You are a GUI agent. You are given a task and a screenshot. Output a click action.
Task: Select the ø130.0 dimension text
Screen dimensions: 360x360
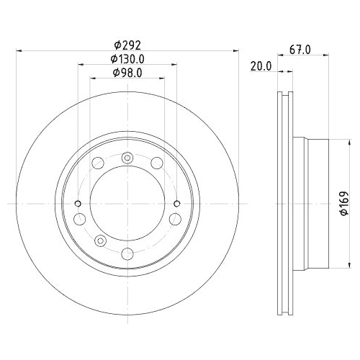pos(127,59)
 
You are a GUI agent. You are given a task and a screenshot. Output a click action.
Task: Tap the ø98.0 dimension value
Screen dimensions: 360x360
pos(127,73)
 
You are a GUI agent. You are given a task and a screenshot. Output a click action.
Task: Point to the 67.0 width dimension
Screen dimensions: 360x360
pos(300,50)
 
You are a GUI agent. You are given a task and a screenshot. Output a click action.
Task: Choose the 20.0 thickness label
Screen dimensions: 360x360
pos(260,66)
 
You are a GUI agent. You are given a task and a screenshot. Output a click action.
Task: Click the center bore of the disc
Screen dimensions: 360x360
pos(127,204)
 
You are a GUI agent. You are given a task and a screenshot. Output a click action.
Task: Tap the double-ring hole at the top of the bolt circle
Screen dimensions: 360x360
pos(127,158)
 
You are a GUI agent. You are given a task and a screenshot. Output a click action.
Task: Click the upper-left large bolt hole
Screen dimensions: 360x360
pos(98,164)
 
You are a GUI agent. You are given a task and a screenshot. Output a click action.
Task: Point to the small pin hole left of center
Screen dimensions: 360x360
pos(80,204)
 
